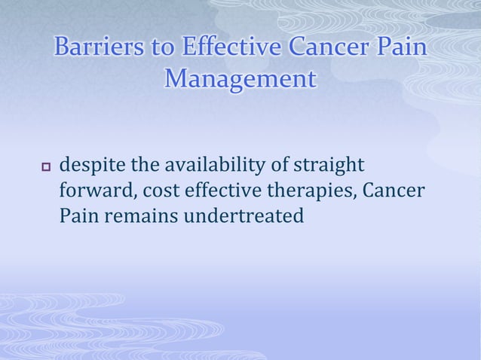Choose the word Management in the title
coord(240,78)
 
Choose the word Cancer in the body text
coord(394,191)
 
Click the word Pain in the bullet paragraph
coord(78,216)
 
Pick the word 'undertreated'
coord(242,216)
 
